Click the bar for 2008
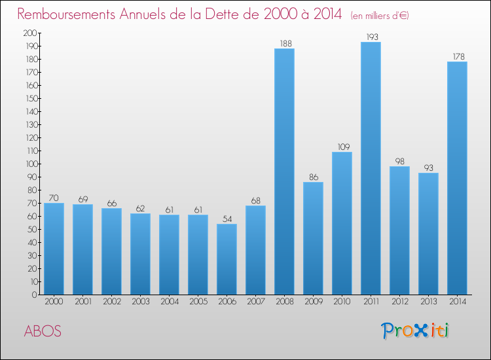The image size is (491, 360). (284, 171)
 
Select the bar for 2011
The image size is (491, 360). (371, 168)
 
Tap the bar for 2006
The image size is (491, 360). (227, 259)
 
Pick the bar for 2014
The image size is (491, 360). (457, 178)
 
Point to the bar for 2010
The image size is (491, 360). (342, 223)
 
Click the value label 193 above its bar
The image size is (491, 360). (371, 37)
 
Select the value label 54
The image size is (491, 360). (227, 219)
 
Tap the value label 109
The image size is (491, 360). (342, 147)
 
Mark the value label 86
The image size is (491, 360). (313, 177)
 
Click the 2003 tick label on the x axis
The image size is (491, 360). (140, 302)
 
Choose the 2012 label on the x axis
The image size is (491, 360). (399, 302)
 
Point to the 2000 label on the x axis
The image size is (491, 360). (54, 302)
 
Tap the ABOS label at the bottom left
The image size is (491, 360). (43, 331)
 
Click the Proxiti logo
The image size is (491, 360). (416, 331)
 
